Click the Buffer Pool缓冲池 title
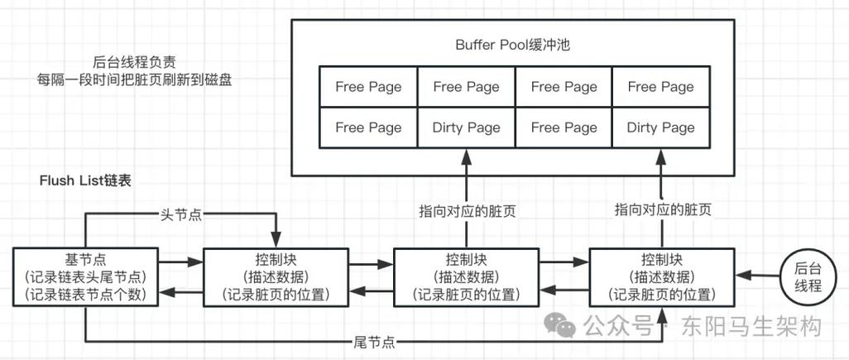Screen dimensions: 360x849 (512, 45)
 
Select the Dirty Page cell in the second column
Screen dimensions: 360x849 (466, 127)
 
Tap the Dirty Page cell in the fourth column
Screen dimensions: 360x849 (660, 127)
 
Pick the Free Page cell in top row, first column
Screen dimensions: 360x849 (368, 86)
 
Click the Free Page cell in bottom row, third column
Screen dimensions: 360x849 (564, 127)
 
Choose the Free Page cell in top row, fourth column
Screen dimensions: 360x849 (660, 86)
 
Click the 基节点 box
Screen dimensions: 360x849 (85, 276)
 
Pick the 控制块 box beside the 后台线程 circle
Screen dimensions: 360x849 (660, 276)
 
